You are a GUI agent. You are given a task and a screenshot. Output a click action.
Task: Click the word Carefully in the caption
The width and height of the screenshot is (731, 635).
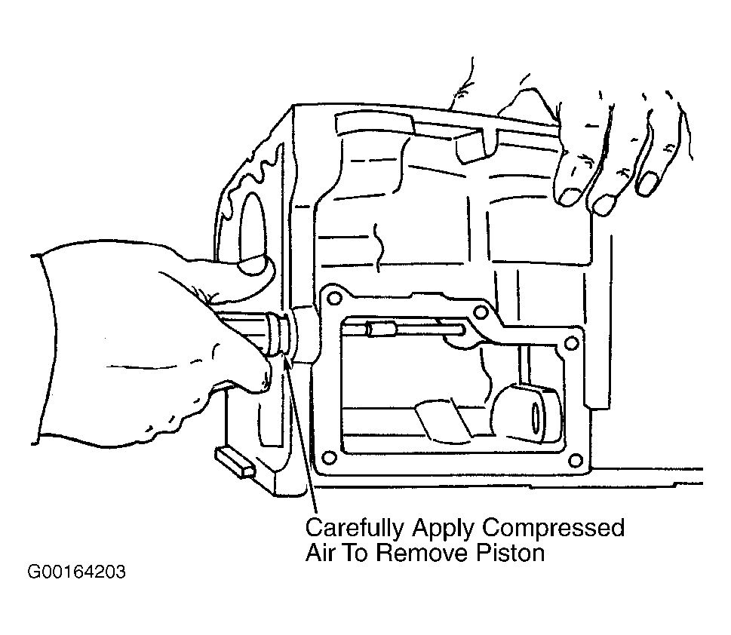pyautogui.click(x=355, y=529)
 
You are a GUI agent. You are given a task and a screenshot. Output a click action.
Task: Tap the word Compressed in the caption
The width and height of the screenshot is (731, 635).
pyautogui.click(x=553, y=529)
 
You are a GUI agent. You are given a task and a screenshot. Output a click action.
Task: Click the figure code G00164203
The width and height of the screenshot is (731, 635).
pyautogui.click(x=76, y=572)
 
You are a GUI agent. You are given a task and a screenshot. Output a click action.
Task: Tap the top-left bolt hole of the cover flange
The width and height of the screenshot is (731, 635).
pyautogui.click(x=333, y=297)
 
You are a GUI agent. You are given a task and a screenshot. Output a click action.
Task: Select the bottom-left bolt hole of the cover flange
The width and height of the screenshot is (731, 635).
pyautogui.click(x=329, y=457)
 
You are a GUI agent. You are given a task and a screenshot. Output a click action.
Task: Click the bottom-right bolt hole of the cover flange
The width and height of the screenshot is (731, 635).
pyautogui.click(x=576, y=460)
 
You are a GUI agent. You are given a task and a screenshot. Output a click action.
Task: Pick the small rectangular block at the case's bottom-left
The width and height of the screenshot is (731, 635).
pyautogui.click(x=235, y=462)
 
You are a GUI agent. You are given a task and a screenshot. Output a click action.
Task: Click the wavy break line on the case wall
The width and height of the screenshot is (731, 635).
pyautogui.click(x=379, y=247)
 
